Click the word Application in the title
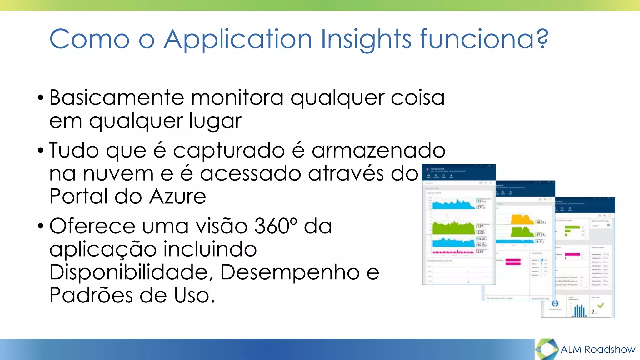pyautogui.click(x=238, y=40)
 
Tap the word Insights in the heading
pyautogui.click(x=366, y=40)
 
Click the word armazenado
pyautogui.click(x=378, y=150)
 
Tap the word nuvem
pyautogui.click(x=118, y=173)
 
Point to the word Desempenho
pyautogui.click(x=290, y=272)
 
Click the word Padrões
pyautogui.click(x=91, y=295)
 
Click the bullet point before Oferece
pyautogui.click(x=40, y=226)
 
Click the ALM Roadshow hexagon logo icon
pyautogui.click(x=547, y=349)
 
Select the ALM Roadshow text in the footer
pyautogui.click(x=598, y=349)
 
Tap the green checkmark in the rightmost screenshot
pyautogui.click(x=600, y=306)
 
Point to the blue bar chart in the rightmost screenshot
pyautogui.click(x=580, y=311)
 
